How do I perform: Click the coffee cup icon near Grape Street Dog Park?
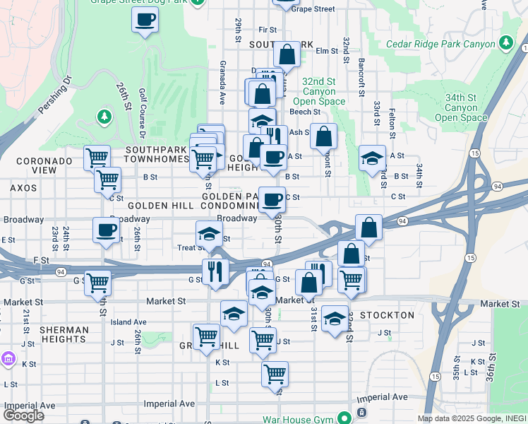pos(145,20)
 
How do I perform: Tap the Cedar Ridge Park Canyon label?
pos(441,44)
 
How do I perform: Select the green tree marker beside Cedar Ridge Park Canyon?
pos(505,44)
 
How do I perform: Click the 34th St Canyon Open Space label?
pos(461,107)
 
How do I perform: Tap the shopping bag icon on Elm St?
pos(287,54)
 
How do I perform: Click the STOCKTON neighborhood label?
pos(387,314)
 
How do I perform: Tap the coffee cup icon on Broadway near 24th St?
pos(107,230)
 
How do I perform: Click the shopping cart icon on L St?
pos(274,374)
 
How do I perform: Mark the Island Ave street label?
pos(128,322)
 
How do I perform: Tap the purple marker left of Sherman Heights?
pos(8,359)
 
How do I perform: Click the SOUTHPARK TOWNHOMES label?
pos(156,155)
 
